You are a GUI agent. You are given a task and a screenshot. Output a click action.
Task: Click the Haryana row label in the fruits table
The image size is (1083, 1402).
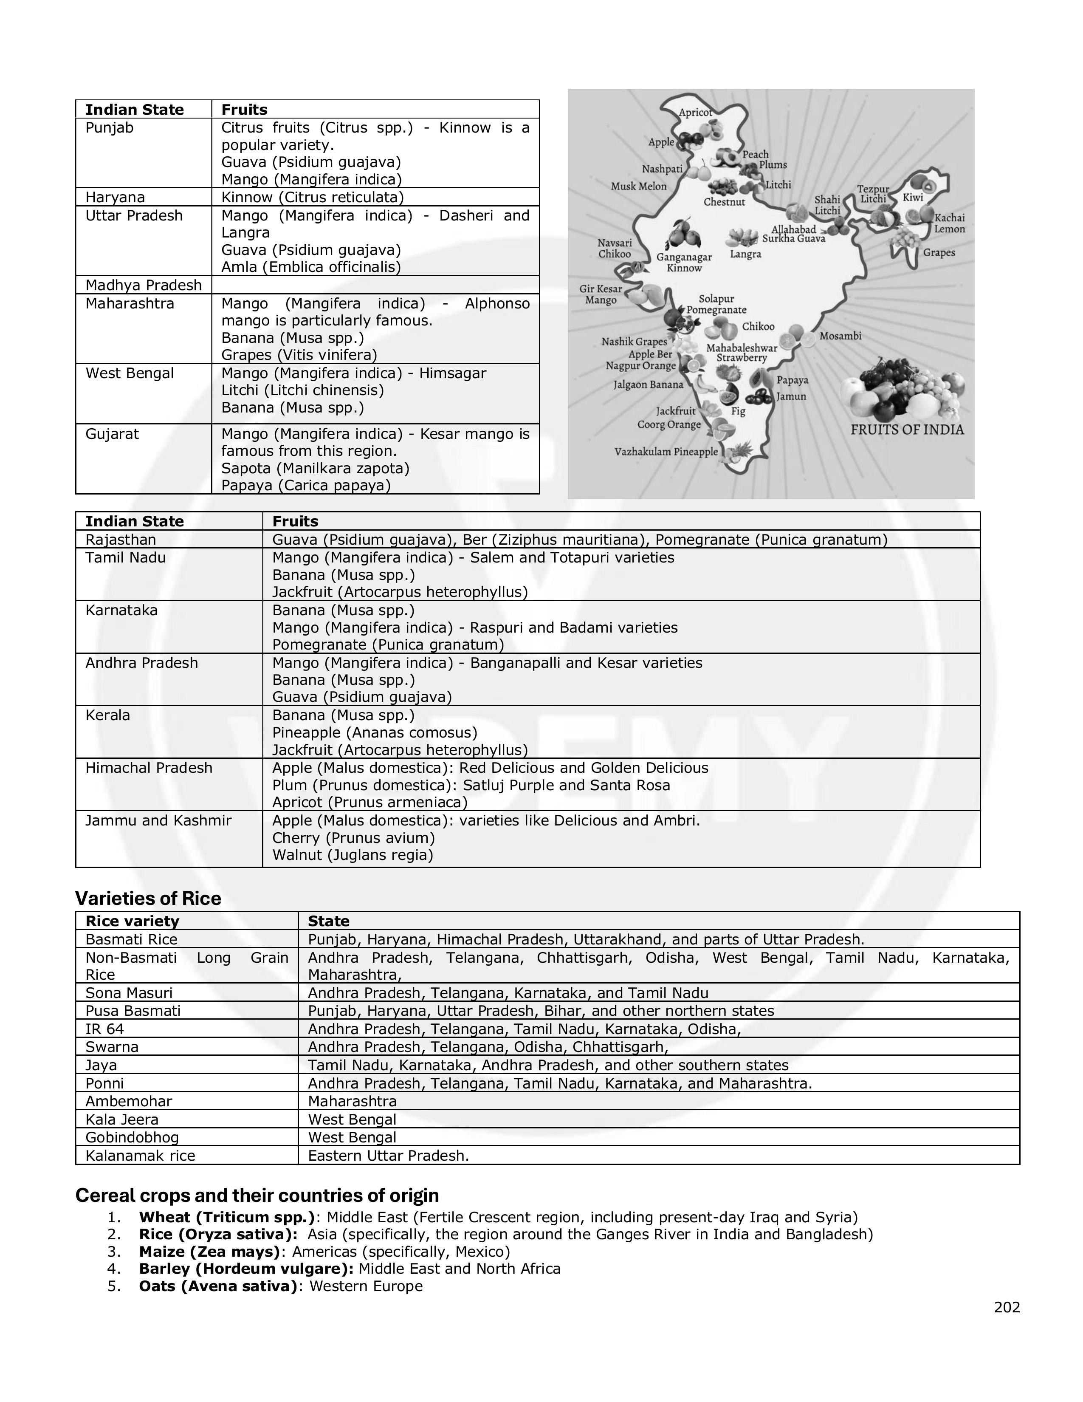tap(116, 197)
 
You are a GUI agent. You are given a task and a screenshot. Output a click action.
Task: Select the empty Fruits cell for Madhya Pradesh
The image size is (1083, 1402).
tap(375, 285)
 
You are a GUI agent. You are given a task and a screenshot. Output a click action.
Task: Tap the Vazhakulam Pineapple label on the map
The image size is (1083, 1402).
tap(666, 452)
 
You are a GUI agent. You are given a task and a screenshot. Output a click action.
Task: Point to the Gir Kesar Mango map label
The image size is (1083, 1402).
tap(601, 295)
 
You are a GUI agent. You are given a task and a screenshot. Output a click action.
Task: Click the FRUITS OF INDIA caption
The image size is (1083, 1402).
tap(907, 430)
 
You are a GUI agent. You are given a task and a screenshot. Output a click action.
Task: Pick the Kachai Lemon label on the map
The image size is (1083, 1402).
tap(949, 223)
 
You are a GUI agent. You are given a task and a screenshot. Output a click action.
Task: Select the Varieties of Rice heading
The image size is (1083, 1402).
tap(148, 898)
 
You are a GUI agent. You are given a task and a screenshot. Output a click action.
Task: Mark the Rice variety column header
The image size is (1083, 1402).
tap(132, 921)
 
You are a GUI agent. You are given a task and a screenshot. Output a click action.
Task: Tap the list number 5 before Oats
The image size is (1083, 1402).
tap(114, 1286)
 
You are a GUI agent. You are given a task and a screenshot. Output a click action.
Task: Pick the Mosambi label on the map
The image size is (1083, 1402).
tap(840, 336)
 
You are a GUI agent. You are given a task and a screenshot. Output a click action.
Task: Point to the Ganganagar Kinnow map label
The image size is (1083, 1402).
tap(684, 263)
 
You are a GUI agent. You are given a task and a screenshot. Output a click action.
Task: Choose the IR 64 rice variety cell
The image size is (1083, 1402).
tap(104, 1029)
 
